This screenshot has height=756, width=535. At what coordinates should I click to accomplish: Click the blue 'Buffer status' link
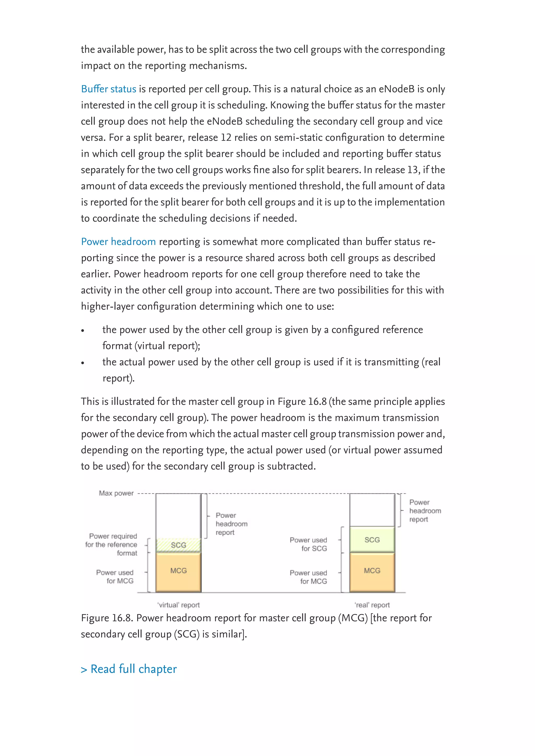pos(108,89)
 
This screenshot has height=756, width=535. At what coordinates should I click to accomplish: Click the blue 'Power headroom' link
pos(118,242)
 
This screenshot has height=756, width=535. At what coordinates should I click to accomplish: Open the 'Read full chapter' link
pos(129,669)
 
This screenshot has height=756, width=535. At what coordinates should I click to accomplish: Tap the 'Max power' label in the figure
pos(116,493)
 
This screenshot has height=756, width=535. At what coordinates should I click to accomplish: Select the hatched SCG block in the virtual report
pos(178,545)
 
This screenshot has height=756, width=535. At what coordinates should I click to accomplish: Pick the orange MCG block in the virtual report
pos(178,571)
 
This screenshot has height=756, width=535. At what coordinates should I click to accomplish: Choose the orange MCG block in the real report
pos(372,571)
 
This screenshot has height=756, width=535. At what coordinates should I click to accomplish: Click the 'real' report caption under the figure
pos(372,605)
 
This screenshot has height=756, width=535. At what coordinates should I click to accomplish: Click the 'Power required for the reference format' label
pos(112,545)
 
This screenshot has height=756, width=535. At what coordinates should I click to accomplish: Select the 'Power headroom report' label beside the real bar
pos(425,511)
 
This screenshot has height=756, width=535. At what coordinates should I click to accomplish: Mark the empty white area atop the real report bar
pos(372,510)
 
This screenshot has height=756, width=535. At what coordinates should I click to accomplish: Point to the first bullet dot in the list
pos(83,330)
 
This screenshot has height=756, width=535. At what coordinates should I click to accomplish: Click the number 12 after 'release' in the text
pos(226,137)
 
